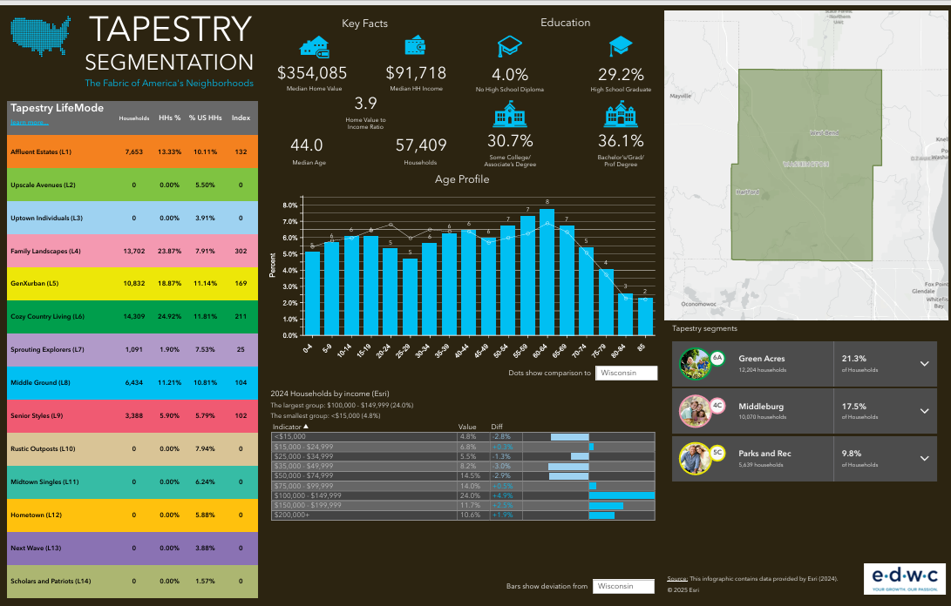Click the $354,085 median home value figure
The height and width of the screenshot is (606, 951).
312,73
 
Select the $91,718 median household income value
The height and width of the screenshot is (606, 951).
416,73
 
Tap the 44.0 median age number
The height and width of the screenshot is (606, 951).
307,145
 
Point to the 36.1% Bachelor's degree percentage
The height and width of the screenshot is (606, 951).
621,141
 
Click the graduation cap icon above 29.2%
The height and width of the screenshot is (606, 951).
621,46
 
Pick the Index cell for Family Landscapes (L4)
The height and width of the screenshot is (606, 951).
241,251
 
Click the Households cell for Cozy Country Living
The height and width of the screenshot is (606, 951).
133,316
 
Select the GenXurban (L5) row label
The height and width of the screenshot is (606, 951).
34,284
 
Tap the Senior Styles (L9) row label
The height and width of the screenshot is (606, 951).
36,415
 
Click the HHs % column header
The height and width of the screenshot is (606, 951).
170,118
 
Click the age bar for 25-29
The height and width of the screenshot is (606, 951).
411,297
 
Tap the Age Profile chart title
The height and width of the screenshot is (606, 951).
462,179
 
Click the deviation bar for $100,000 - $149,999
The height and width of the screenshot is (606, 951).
621,495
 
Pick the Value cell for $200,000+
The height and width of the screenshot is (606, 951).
469,515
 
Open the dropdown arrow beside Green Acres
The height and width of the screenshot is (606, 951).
925,364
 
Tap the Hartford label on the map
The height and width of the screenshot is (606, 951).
747,192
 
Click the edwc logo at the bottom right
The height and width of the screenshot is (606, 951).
901,577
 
